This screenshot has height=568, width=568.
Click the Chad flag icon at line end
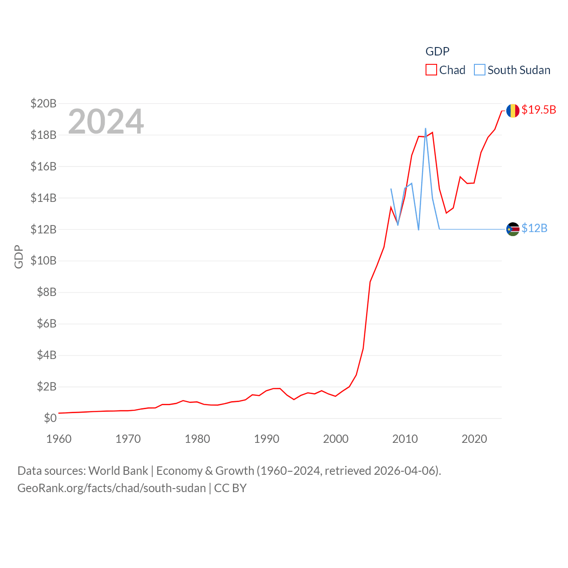click(x=513, y=110)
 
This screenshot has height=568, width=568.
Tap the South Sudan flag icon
click(x=513, y=229)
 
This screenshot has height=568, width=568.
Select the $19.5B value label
click(x=539, y=110)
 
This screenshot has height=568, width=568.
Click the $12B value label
click(x=534, y=228)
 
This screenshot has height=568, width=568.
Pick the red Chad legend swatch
click(x=431, y=70)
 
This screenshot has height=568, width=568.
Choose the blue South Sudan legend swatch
click(x=480, y=70)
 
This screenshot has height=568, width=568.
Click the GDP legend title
click(x=437, y=51)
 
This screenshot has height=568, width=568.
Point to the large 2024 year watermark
click(x=106, y=121)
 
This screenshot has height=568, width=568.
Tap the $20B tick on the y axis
click(x=43, y=103)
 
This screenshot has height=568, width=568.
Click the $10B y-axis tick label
click(x=43, y=260)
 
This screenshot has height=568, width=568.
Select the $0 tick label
click(x=50, y=418)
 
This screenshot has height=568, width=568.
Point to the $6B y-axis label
click(x=47, y=323)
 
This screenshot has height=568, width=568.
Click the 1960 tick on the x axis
click(x=59, y=439)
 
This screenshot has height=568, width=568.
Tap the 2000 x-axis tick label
click(x=336, y=439)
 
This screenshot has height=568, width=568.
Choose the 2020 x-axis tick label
click(x=474, y=439)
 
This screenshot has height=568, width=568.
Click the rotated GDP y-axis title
click(x=19, y=256)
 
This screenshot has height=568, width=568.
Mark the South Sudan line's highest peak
click(x=426, y=129)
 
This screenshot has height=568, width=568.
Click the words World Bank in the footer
click(x=118, y=470)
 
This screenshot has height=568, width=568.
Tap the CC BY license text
click(x=230, y=488)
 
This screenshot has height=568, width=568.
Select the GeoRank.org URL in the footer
click(x=111, y=488)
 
